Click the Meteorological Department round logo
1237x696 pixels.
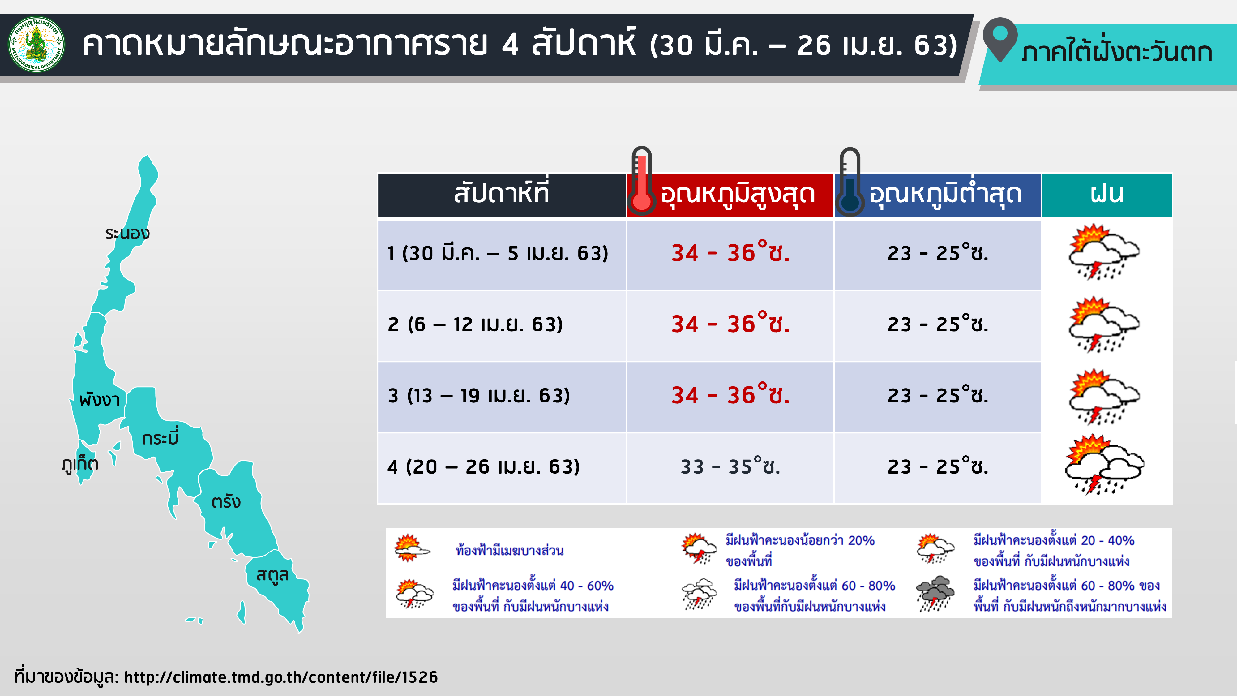(36, 45)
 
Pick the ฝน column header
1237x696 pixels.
(1106, 195)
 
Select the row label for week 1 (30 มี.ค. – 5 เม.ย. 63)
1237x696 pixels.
(498, 253)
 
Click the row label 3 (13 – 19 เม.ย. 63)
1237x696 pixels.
(479, 395)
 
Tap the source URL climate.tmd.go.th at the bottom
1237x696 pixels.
(281, 677)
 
